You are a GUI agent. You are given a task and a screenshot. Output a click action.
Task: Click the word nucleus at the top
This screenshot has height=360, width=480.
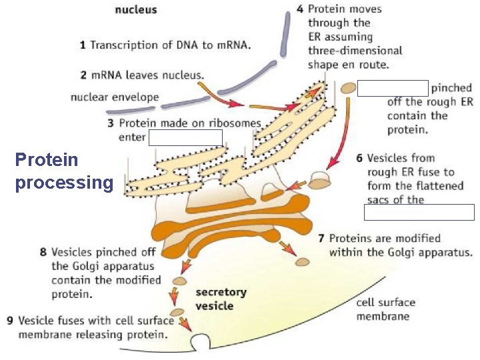137,10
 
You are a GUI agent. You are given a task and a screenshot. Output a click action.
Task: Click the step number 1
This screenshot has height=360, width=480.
83,45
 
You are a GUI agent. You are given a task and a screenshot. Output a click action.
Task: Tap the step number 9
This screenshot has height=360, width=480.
10,321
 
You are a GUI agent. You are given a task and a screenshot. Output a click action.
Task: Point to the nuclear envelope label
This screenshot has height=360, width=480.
115,97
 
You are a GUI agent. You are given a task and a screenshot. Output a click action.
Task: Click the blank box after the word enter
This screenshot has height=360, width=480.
185,137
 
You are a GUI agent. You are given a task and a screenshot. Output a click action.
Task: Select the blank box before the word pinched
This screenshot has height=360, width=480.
393,88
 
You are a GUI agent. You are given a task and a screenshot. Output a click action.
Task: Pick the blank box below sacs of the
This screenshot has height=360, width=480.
419,212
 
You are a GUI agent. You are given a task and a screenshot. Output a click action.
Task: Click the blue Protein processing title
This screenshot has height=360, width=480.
64,171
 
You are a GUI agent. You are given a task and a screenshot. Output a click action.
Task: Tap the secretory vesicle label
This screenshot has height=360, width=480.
221,299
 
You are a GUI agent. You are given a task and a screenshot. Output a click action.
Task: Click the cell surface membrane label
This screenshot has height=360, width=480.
385,309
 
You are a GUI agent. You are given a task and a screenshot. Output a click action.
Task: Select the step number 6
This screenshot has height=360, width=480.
359,158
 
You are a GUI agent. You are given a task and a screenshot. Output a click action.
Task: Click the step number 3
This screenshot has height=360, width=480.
111,123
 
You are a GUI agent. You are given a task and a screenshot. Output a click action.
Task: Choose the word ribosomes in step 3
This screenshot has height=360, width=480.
236,123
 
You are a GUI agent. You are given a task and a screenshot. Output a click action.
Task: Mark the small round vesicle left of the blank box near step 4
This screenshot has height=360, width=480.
348,88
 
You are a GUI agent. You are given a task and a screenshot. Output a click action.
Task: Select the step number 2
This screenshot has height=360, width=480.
83,75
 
